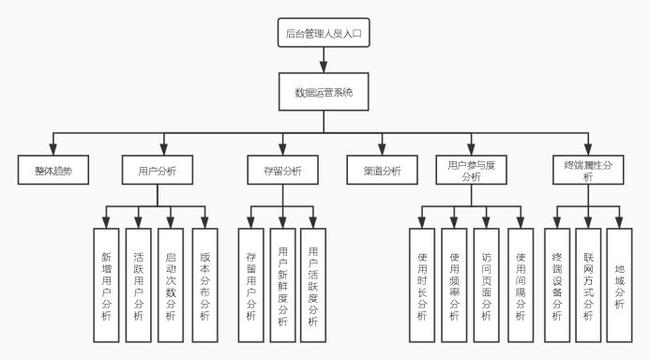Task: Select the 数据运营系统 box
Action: pos(323,93)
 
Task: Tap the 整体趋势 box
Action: pos(53,171)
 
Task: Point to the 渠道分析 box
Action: pos(382,171)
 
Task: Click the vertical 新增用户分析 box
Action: pos(106,284)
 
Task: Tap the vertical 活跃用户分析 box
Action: pos(138,284)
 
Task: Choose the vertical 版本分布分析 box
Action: pos(204,284)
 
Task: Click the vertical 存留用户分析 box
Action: pos(250,284)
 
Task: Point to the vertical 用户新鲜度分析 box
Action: pos(282,284)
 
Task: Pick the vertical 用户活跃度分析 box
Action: pos(313,284)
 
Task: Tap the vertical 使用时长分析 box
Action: pos(421,284)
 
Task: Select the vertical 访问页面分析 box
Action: pos(486,284)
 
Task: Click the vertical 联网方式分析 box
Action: pos(588,284)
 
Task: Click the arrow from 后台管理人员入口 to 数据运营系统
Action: pos(323,64)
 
